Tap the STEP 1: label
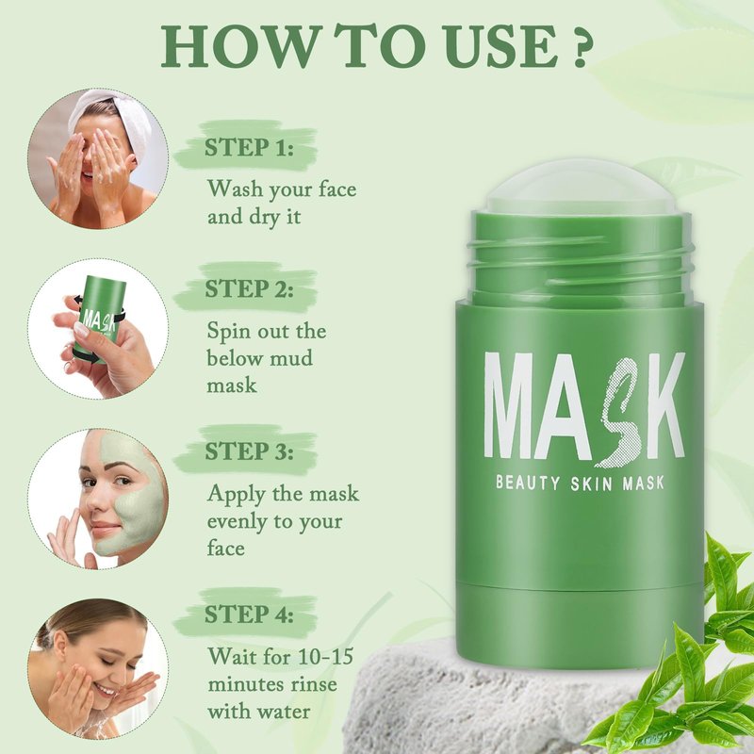click(249, 147)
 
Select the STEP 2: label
click(249, 288)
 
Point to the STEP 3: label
click(249, 451)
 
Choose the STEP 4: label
click(249, 615)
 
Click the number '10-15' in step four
click(326, 656)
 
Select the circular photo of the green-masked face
click(98, 499)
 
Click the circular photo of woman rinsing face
click(98, 668)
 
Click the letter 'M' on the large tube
click(513, 405)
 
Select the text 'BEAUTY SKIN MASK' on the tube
click(580, 483)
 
